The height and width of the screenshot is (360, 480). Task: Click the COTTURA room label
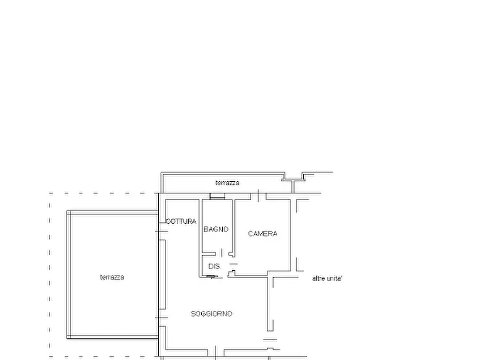181,221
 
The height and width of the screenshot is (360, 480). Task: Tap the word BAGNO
216,229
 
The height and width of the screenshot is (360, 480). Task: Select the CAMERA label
263,234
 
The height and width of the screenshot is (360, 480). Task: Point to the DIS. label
214,267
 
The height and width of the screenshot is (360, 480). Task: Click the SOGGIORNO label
212,313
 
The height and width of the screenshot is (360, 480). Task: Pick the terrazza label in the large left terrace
112,277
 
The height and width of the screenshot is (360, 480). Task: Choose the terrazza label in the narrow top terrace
227,183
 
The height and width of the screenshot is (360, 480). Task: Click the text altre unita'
327,278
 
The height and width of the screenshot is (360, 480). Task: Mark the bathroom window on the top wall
217,196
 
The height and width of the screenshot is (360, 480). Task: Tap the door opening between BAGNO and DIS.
221,253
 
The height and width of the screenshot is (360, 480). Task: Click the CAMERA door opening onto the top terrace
259,196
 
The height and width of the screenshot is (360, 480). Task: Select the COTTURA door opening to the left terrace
162,232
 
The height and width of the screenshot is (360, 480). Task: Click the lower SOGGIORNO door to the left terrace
162,318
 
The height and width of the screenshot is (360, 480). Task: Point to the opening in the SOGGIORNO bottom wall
216,352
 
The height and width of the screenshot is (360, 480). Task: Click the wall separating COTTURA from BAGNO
200,238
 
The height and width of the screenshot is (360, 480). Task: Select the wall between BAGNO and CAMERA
233,228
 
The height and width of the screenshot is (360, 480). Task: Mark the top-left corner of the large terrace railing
67,211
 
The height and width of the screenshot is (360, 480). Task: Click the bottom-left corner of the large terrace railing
67,339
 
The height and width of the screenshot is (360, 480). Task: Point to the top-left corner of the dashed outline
49,193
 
